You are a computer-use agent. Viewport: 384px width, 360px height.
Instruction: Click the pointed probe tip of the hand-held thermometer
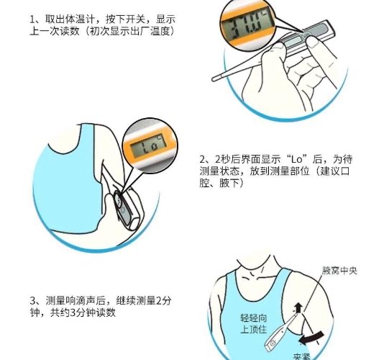coord(214,78)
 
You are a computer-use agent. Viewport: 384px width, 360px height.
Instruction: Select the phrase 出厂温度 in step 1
coord(153,31)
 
